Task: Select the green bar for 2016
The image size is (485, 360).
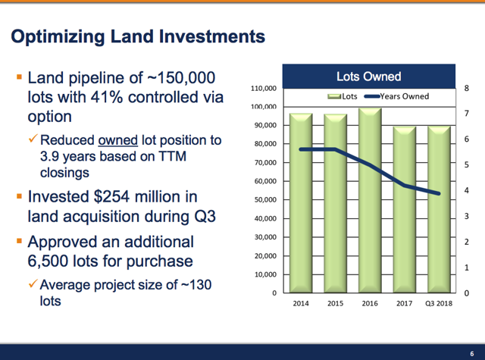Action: point(370,200)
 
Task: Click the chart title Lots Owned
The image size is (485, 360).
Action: point(368,77)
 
